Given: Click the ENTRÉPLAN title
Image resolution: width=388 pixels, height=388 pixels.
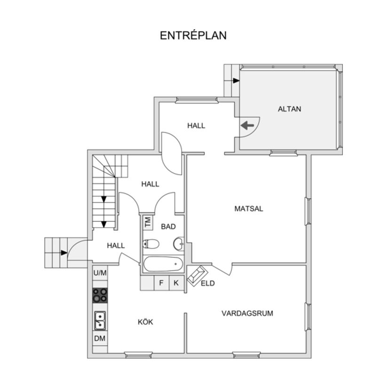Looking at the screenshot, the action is click(x=193, y=35).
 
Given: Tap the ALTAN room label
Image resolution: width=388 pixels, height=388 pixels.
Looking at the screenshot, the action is click(x=289, y=109).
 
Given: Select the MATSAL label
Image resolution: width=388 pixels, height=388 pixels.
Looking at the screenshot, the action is click(x=249, y=209).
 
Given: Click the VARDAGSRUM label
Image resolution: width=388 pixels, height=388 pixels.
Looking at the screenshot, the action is click(x=247, y=313).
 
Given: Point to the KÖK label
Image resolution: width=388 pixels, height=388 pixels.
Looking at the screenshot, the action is click(x=145, y=322).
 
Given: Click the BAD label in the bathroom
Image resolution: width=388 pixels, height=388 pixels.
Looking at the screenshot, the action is click(x=168, y=226).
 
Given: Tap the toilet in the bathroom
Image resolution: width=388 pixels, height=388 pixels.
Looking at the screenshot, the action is click(x=150, y=244).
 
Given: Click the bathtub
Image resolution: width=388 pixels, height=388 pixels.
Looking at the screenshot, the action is click(x=163, y=264).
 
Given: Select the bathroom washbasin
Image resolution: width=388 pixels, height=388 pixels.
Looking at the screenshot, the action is click(x=179, y=244).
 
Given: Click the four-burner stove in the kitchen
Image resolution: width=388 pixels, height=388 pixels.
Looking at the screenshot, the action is click(x=100, y=295).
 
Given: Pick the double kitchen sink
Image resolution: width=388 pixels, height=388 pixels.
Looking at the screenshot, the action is click(x=100, y=321).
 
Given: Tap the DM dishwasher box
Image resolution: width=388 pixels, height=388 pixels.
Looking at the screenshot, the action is click(x=100, y=338).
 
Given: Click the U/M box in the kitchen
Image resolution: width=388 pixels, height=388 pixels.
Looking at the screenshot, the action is click(x=100, y=273).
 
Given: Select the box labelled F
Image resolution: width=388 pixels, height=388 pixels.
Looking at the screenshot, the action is click(x=161, y=283).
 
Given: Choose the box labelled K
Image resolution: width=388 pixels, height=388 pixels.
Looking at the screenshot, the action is click(x=176, y=283).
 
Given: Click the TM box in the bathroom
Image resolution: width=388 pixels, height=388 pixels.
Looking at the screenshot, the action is click(x=148, y=222).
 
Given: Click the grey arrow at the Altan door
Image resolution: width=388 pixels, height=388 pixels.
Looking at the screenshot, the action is click(x=248, y=126).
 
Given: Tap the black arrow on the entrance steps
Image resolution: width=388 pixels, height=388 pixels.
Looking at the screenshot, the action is click(x=64, y=253).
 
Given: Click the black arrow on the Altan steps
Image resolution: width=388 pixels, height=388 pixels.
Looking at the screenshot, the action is click(x=236, y=81).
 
